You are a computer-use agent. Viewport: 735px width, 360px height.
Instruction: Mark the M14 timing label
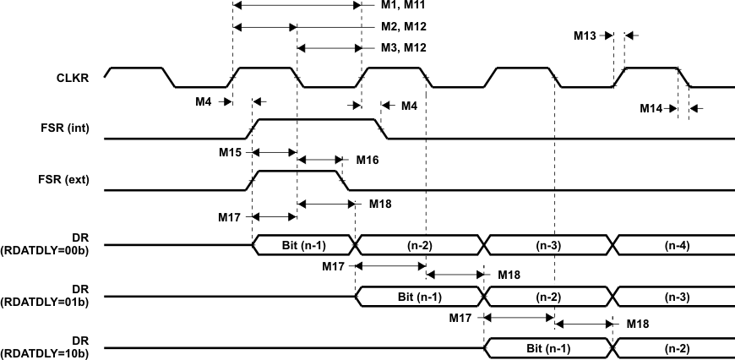pos(651,108)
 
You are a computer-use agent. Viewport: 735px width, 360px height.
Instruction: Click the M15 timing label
pos(229,153)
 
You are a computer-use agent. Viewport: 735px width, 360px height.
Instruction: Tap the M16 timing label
pos(367,159)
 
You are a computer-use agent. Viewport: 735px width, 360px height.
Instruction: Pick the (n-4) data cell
pos(675,245)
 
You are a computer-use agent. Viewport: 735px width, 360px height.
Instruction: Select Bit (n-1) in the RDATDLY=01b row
pos(419,297)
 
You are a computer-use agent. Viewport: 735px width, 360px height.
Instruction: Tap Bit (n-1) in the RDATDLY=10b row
pos(548,349)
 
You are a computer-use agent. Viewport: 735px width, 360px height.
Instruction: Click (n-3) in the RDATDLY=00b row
pos(548,245)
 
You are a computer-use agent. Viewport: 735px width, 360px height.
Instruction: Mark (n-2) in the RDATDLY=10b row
pos(675,349)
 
